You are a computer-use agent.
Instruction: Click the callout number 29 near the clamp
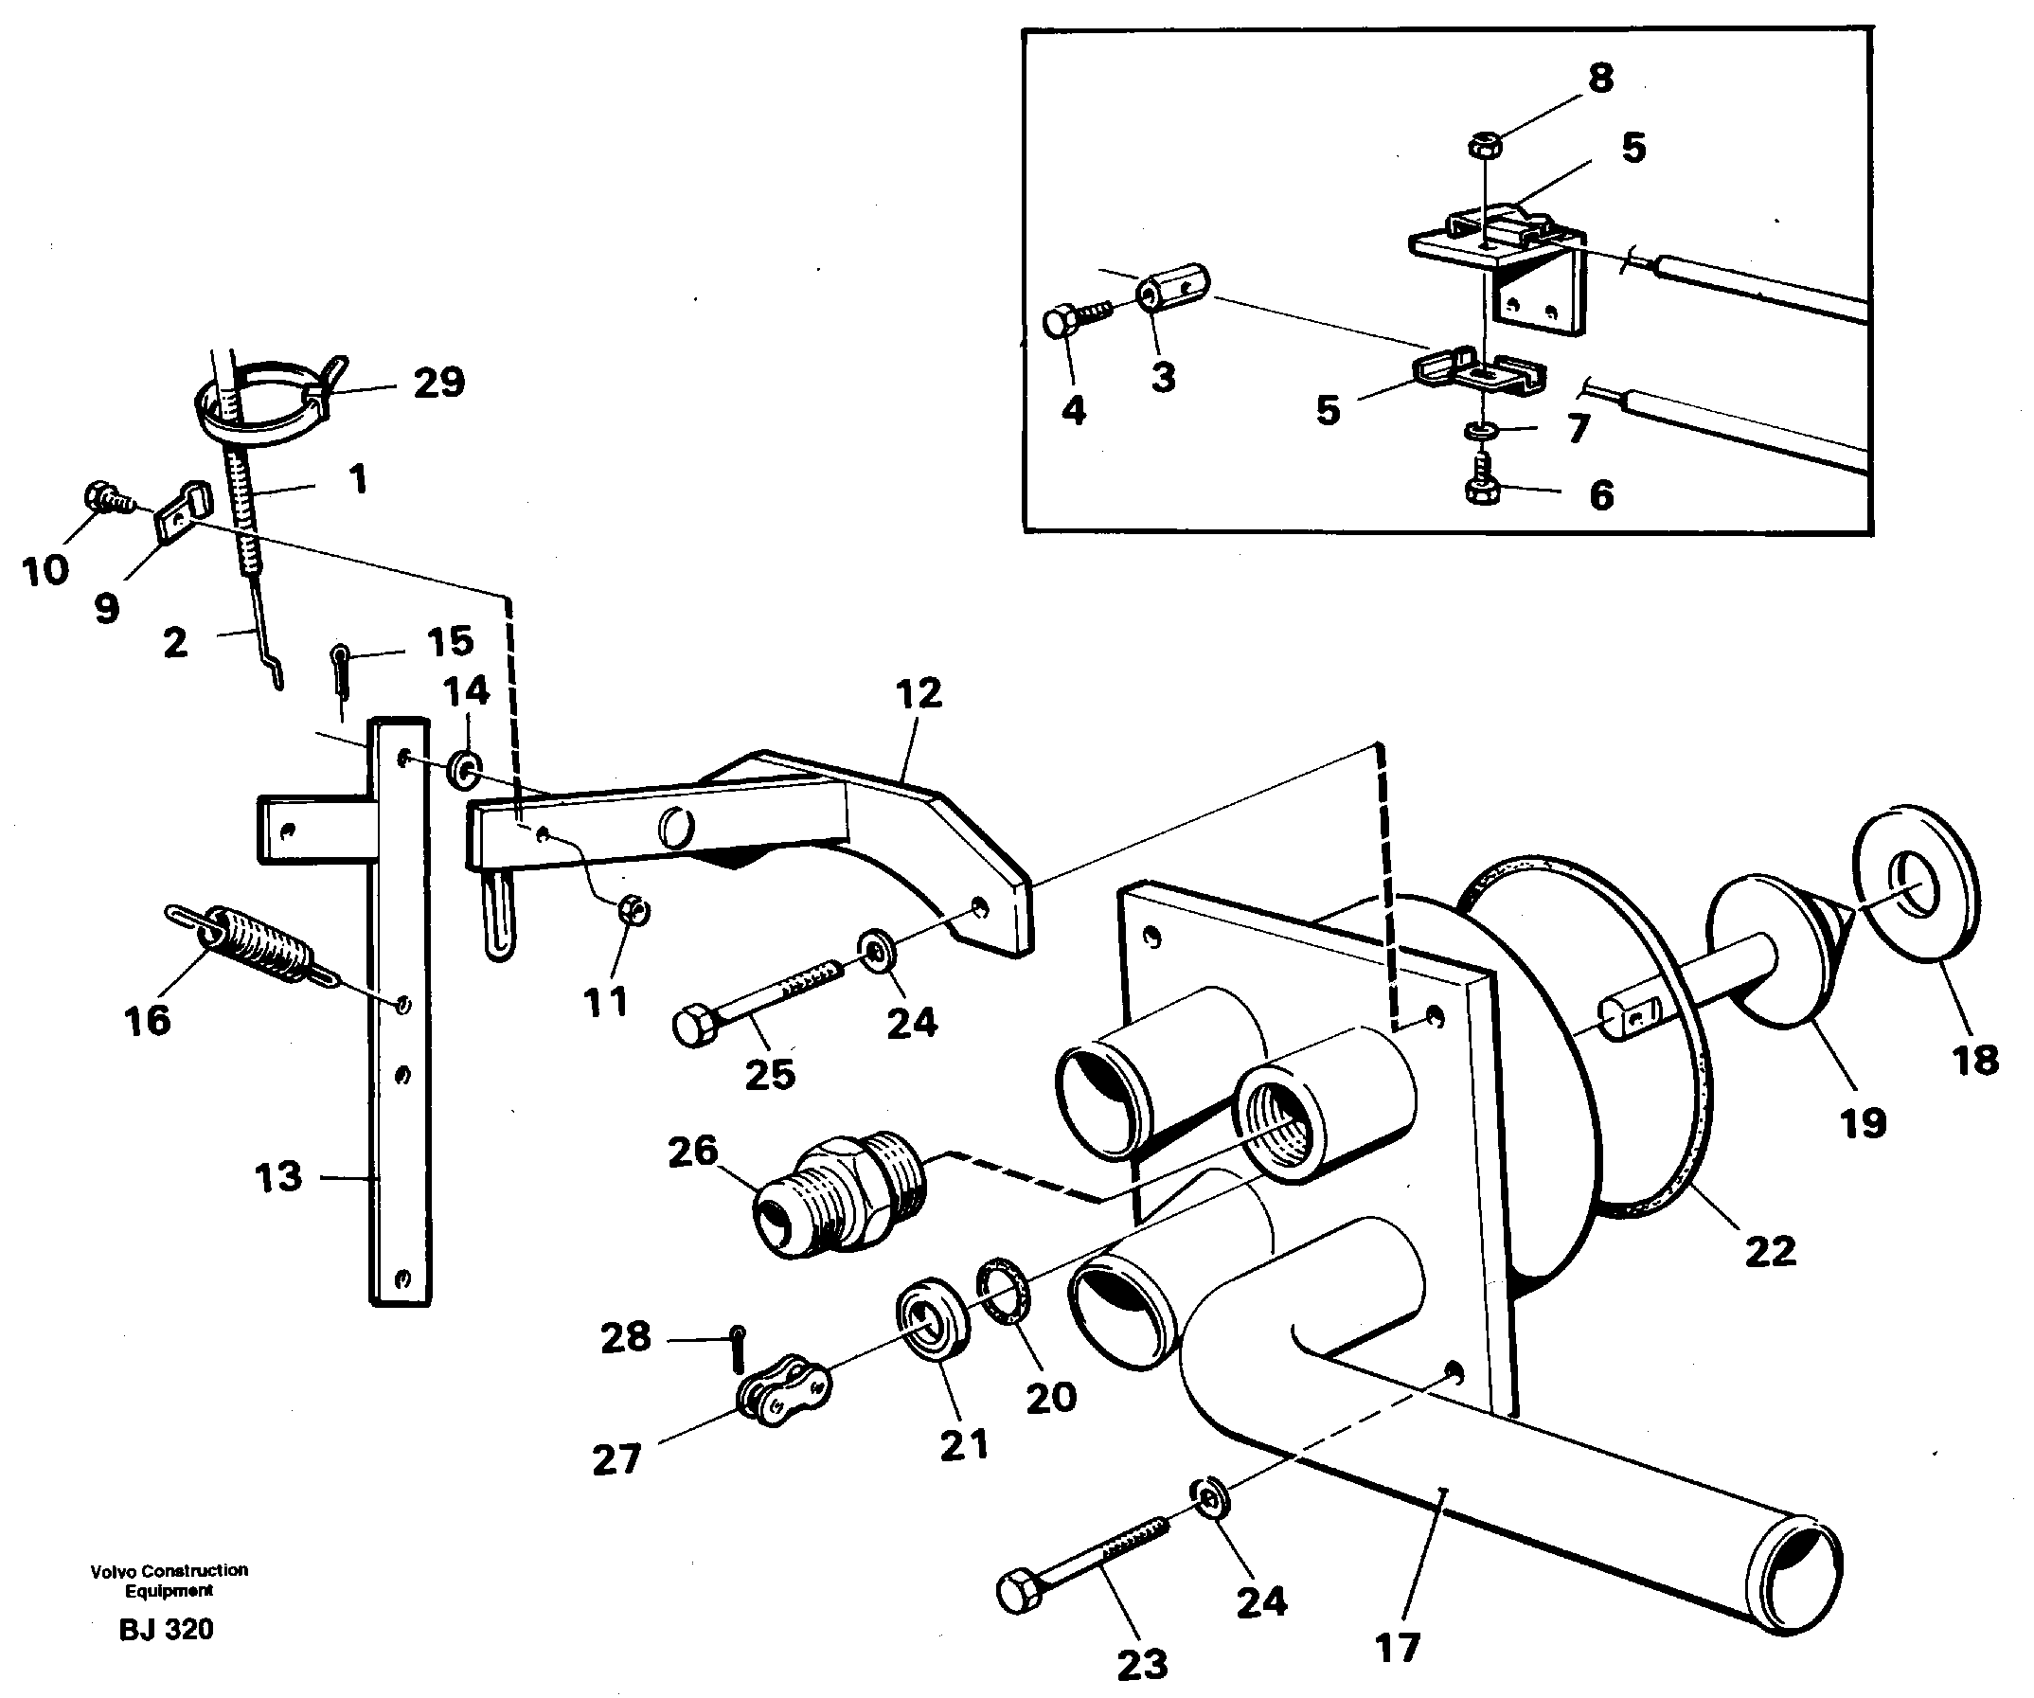tap(438, 383)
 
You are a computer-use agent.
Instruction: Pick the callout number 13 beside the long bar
tap(278, 1177)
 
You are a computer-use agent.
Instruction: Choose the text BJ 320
tap(166, 1629)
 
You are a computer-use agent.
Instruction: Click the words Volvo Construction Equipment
tap(169, 1580)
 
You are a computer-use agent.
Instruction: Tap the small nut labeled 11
tap(634, 910)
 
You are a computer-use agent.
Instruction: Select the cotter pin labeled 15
tap(341, 669)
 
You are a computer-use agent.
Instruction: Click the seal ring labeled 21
tap(936, 1319)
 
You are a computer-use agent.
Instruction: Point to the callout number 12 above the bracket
tap(919, 693)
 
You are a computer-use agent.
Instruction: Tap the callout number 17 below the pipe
tap(1397, 1647)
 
